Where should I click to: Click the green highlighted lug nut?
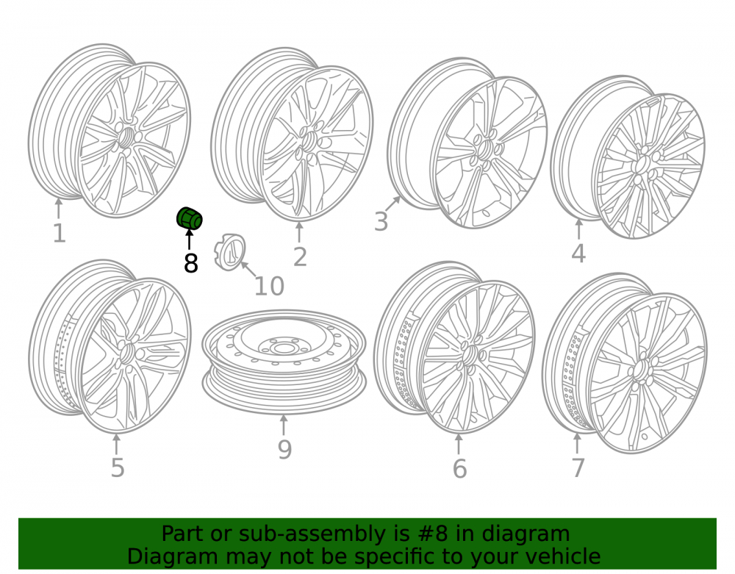(190, 218)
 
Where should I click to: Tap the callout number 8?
(191, 263)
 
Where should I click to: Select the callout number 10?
(269, 286)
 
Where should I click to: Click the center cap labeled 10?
(230, 252)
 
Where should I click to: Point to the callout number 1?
(59, 234)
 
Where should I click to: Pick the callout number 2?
(300, 256)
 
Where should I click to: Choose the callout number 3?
(381, 221)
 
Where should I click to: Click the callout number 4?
(578, 254)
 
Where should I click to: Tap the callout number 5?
(117, 467)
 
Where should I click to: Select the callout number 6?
(460, 469)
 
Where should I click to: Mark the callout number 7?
(578, 467)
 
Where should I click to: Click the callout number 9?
(284, 449)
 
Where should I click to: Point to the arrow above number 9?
(283, 425)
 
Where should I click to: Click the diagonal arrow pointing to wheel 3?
(392, 204)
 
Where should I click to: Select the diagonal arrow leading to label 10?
(248, 270)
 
